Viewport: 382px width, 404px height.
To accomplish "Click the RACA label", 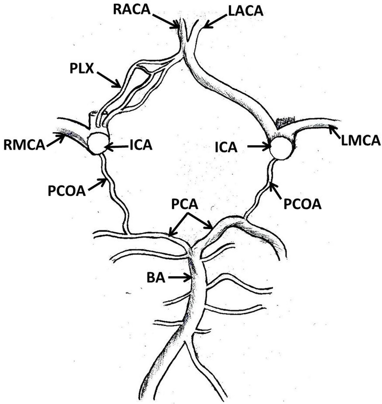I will tap(131, 9).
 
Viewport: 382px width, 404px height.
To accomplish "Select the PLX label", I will tap(81, 69).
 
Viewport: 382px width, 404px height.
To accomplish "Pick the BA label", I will tap(156, 278).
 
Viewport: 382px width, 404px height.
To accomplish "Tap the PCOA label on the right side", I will tap(302, 204).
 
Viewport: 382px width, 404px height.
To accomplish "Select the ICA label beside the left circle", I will tap(141, 145).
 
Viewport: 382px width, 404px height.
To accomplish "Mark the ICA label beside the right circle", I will tap(226, 147).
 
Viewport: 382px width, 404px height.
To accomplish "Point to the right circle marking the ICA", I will tap(282, 148).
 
